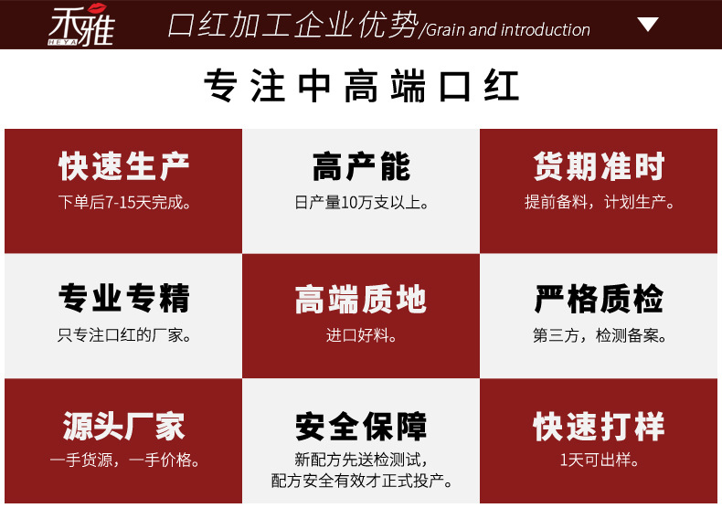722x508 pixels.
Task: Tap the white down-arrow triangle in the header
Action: click(648, 24)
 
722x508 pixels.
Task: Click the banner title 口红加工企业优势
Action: click(293, 26)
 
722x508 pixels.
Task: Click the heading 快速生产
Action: click(124, 167)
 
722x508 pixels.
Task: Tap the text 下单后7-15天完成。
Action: click(124, 202)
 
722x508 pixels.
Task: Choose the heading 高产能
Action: click(361, 167)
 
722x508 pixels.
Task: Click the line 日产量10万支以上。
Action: click(361, 202)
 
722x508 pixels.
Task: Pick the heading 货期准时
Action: click(600, 167)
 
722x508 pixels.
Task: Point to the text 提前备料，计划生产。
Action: click(600, 202)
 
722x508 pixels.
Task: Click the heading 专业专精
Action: click(124, 299)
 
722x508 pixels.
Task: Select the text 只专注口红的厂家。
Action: click(124, 335)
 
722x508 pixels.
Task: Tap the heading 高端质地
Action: click(361, 299)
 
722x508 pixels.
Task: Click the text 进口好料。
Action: click(361, 335)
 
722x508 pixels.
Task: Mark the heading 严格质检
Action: click(600, 299)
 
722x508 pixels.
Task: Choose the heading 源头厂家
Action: click(124, 426)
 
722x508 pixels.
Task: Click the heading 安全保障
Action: click(361, 426)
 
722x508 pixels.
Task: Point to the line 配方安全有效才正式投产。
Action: click(361, 481)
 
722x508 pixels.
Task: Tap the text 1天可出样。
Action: click(600, 460)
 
